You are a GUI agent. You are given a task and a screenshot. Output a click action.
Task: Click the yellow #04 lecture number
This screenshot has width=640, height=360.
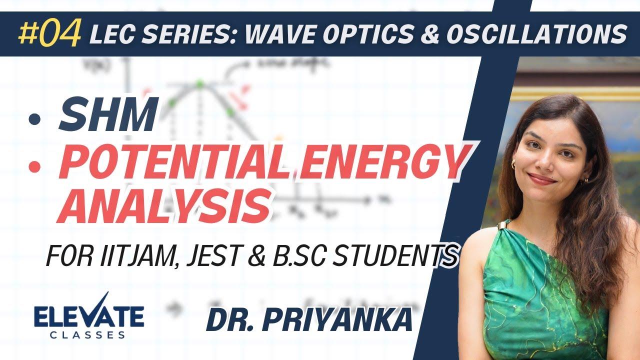[x=49, y=33]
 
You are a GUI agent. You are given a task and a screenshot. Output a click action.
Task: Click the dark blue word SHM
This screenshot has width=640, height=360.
[x=107, y=115]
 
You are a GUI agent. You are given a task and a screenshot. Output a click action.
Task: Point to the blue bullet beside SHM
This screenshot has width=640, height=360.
[x=34, y=119]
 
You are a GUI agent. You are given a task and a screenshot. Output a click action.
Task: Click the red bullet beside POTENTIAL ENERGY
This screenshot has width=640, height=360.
[x=34, y=166]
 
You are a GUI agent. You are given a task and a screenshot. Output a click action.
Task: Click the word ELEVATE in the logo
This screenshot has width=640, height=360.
[x=88, y=317]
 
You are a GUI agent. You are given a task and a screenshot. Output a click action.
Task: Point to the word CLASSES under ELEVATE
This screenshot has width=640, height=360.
[x=88, y=335]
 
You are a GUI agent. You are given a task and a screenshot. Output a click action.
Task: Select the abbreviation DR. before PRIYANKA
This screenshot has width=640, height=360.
[x=232, y=320]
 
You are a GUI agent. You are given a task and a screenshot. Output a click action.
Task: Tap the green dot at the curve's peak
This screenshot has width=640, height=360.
[x=199, y=84]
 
